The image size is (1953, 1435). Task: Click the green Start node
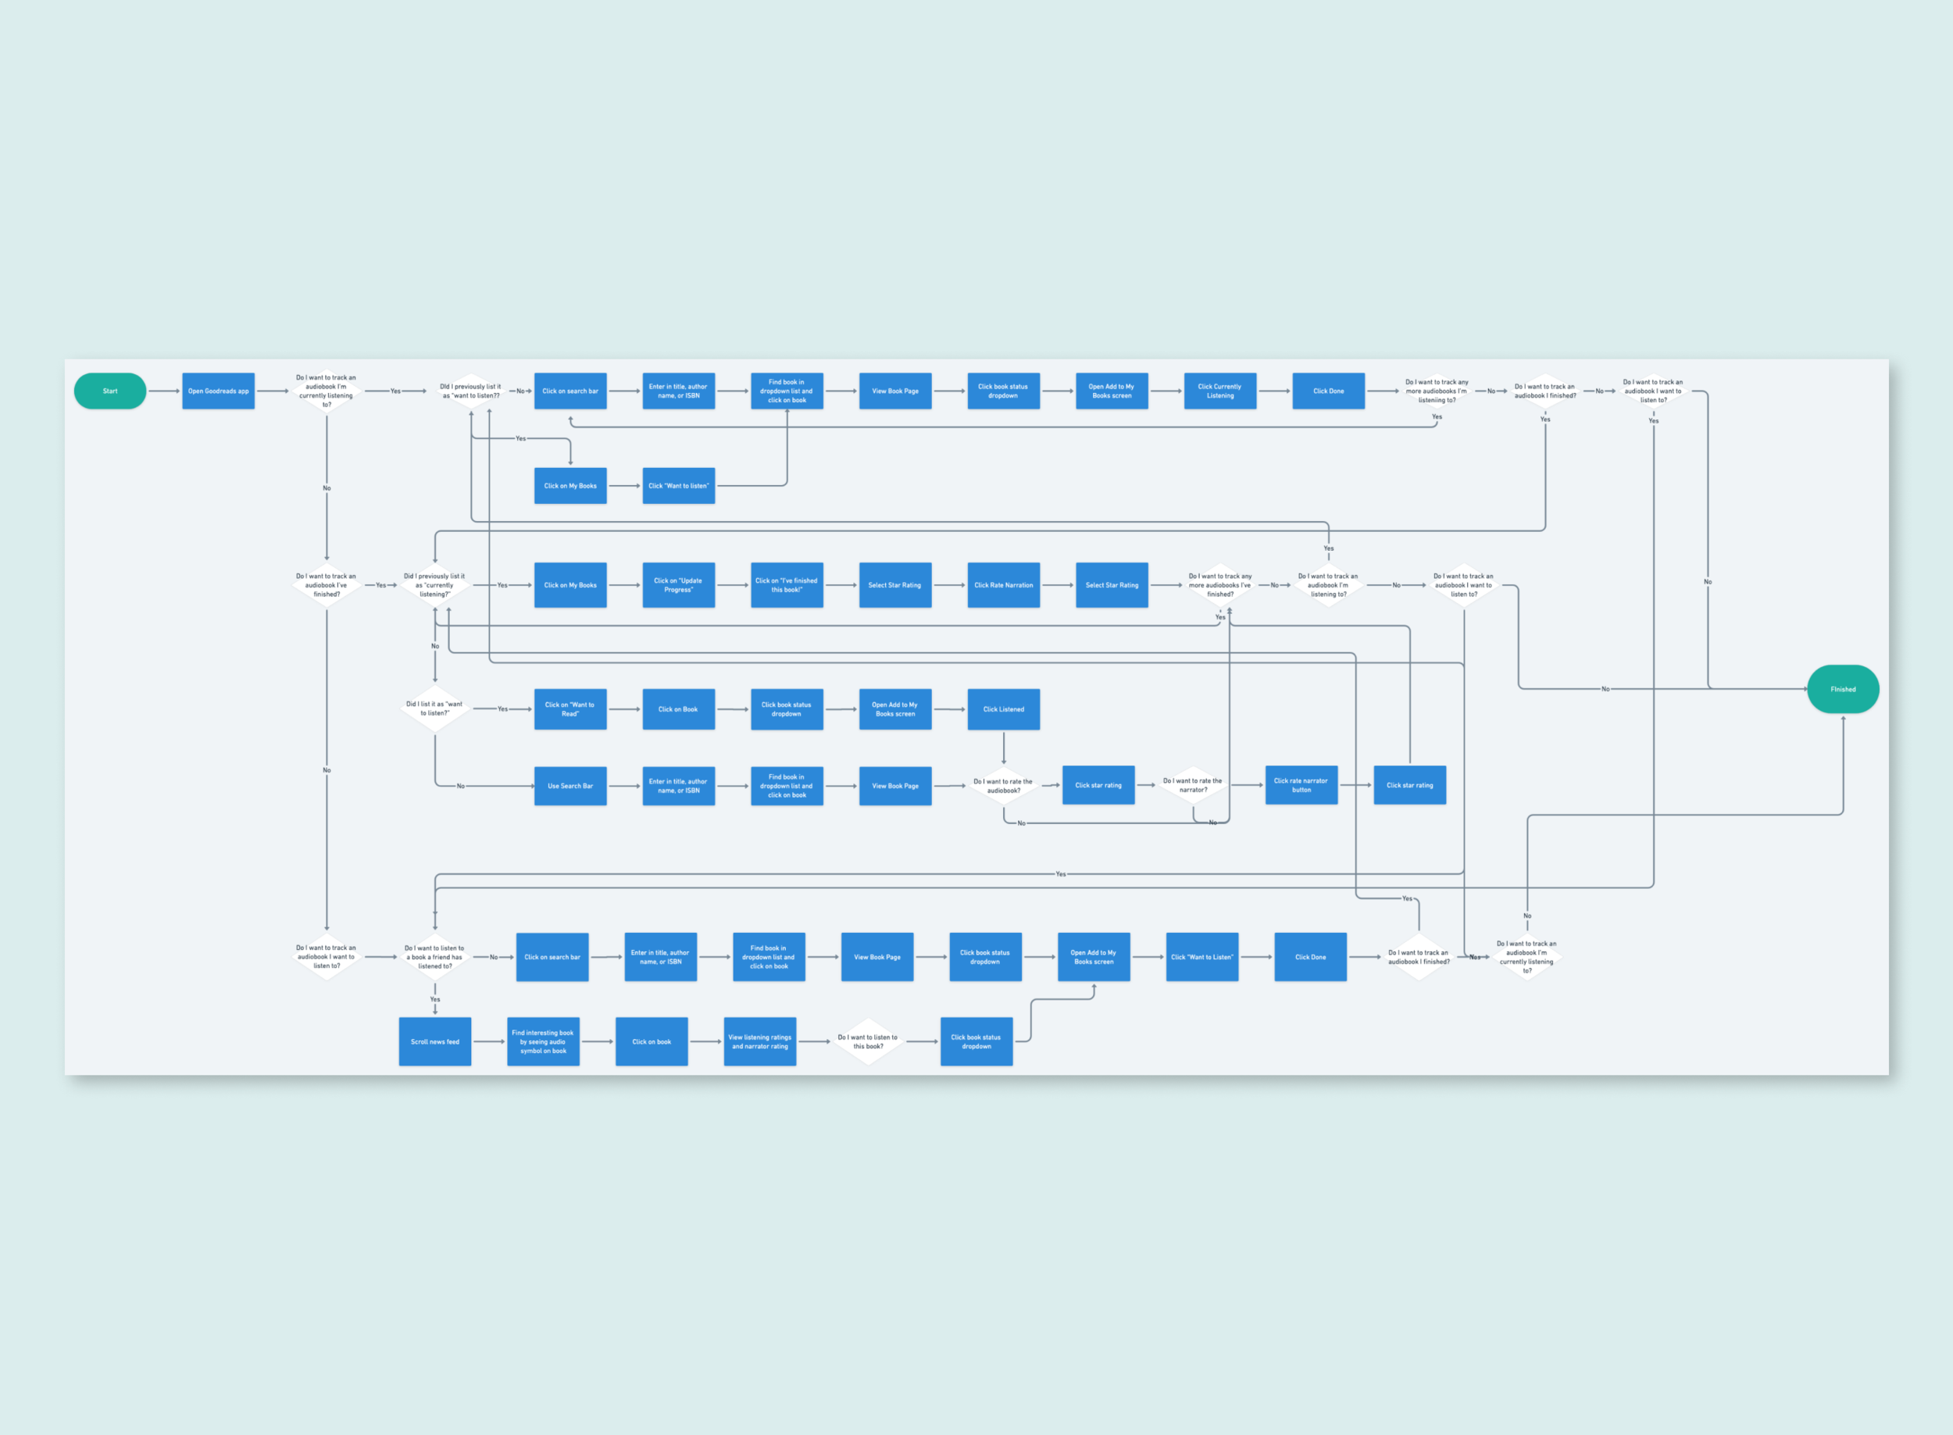coord(110,391)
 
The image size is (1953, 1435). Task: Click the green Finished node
coord(1843,689)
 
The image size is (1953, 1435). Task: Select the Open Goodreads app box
coord(218,391)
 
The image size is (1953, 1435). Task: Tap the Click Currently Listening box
coord(1219,391)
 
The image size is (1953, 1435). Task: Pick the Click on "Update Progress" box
coord(679,584)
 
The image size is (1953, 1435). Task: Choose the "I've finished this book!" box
coord(786,584)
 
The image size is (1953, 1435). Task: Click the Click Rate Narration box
coord(1003,584)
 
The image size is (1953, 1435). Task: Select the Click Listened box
coord(1003,709)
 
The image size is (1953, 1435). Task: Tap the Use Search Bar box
coord(570,785)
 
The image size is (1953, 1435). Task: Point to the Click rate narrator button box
coord(1301,785)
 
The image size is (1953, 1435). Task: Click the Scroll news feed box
coord(434,1041)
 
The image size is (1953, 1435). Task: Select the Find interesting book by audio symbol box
coord(543,1041)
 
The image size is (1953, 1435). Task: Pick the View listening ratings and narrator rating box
coord(759,1041)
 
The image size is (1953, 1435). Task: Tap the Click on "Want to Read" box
coord(570,709)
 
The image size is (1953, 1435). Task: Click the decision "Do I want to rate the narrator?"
coord(1192,785)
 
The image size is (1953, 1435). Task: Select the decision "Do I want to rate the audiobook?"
coord(1003,785)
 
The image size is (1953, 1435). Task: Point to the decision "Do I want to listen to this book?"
coord(868,1041)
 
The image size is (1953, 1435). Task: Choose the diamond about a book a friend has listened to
coord(434,956)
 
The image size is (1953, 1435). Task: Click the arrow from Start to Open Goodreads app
coord(164,391)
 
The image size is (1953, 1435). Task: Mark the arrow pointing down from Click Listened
coord(1003,748)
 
